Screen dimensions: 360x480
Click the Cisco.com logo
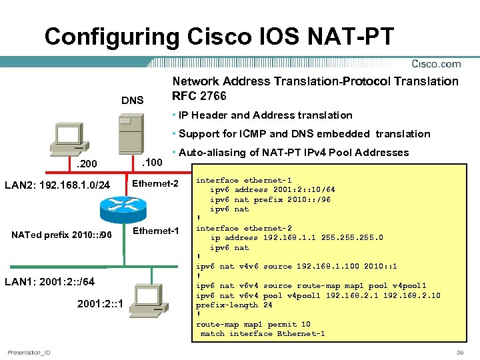tap(436, 64)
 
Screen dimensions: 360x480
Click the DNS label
tap(132, 101)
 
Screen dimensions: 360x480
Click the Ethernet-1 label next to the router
tap(155, 231)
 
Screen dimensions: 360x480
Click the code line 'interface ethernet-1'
tap(243, 180)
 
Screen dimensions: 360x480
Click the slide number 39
tap(459, 352)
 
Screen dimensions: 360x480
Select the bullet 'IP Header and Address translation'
tap(265, 115)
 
